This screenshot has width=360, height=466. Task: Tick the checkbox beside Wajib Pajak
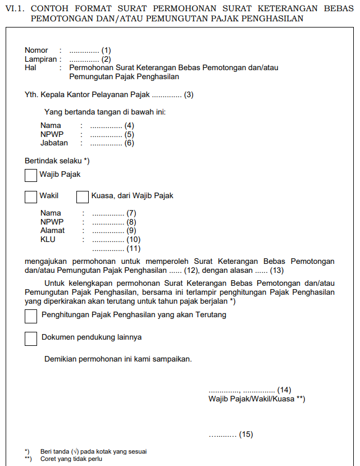[x=31, y=175]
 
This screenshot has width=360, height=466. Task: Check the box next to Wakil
[x=31, y=197]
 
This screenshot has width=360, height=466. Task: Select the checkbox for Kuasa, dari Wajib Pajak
[x=83, y=197]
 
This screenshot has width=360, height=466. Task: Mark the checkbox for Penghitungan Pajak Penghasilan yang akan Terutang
[x=31, y=316]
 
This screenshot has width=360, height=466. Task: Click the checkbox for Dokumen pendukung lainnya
[x=31, y=338]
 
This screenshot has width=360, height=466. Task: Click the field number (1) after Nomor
[x=106, y=51]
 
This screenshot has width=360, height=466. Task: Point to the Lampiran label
[x=40, y=59]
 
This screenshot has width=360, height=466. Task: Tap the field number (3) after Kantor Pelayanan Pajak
[x=189, y=94]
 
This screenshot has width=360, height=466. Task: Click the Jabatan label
[x=54, y=143]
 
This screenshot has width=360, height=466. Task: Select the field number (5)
[x=129, y=135]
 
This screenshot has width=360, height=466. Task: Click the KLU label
[x=48, y=239]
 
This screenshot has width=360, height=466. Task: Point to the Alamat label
[x=52, y=231]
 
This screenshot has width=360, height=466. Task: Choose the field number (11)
[x=133, y=248]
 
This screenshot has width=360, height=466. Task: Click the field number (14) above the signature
[x=284, y=390]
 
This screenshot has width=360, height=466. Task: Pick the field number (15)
[x=246, y=435]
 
